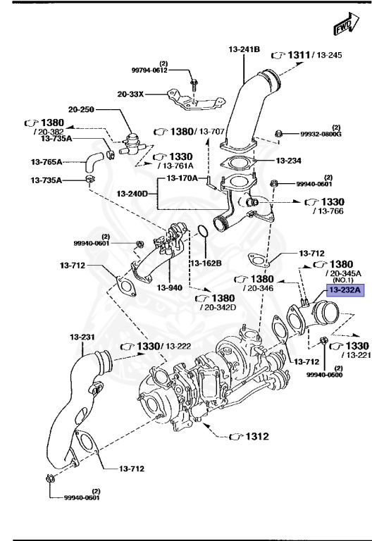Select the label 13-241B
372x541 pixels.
[x=244, y=49]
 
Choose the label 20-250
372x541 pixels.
[x=82, y=110]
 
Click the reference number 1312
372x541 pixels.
[x=256, y=437]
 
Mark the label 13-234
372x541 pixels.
[x=289, y=161]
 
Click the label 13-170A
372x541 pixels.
[x=182, y=178]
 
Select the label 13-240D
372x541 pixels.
[x=132, y=193]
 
